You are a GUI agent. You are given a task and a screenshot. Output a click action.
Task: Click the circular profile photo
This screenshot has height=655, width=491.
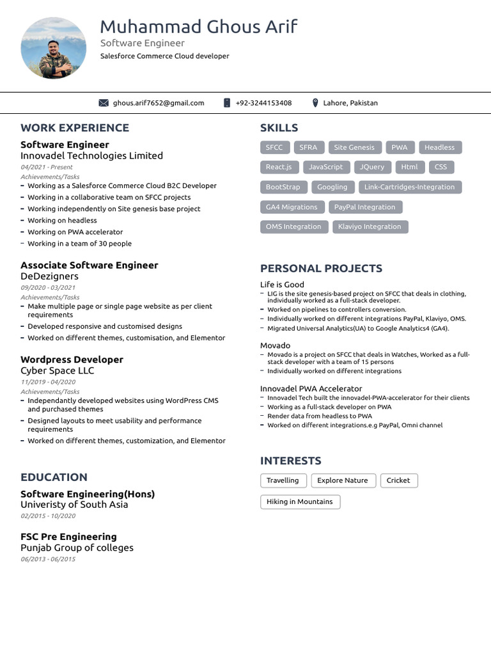pyautogui.click(x=54, y=49)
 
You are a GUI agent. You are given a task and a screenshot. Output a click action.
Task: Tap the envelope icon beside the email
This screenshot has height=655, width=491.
pyautogui.click(x=104, y=103)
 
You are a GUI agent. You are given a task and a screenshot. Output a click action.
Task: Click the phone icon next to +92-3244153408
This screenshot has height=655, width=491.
pyautogui.click(x=227, y=103)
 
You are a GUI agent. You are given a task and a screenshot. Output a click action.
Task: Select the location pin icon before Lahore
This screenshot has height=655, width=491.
pyautogui.click(x=315, y=103)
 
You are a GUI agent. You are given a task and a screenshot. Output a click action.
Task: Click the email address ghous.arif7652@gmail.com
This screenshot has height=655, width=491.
pyautogui.click(x=159, y=103)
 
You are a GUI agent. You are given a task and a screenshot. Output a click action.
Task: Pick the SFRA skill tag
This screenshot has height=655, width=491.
pyautogui.click(x=308, y=148)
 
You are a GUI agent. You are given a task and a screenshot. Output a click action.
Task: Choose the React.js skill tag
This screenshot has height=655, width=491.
pyautogui.click(x=279, y=167)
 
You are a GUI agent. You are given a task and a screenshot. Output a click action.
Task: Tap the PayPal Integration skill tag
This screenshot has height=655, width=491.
pyautogui.click(x=364, y=207)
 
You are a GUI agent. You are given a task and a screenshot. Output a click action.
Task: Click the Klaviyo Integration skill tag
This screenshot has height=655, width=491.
pyautogui.click(x=370, y=226)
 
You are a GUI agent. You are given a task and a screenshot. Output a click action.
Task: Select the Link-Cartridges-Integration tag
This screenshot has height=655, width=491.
pyautogui.click(x=409, y=187)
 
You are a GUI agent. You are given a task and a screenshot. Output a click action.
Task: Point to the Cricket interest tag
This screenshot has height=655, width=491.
pyautogui.click(x=398, y=480)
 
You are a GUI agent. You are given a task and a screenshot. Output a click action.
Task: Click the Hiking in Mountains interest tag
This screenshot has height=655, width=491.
pyautogui.click(x=300, y=502)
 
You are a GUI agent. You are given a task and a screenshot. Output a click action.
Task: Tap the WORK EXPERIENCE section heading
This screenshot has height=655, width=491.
pyautogui.click(x=75, y=128)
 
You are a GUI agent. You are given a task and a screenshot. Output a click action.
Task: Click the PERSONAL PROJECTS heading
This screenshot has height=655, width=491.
pyautogui.click(x=321, y=269)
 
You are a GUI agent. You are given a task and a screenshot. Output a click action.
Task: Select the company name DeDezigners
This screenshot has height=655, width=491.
pyautogui.click(x=49, y=276)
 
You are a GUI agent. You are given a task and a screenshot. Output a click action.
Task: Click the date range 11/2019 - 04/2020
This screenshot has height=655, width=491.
pyautogui.click(x=48, y=382)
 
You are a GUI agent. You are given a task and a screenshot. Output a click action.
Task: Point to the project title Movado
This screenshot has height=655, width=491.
pyautogui.click(x=275, y=345)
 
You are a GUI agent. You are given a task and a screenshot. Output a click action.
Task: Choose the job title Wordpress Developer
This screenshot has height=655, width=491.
pyautogui.click(x=72, y=359)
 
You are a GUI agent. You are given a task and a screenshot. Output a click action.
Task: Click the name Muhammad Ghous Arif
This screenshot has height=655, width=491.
pyautogui.click(x=198, y=27)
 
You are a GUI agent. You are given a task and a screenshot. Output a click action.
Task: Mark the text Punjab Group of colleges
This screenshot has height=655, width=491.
pyautogui.click(x=77, y=548)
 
